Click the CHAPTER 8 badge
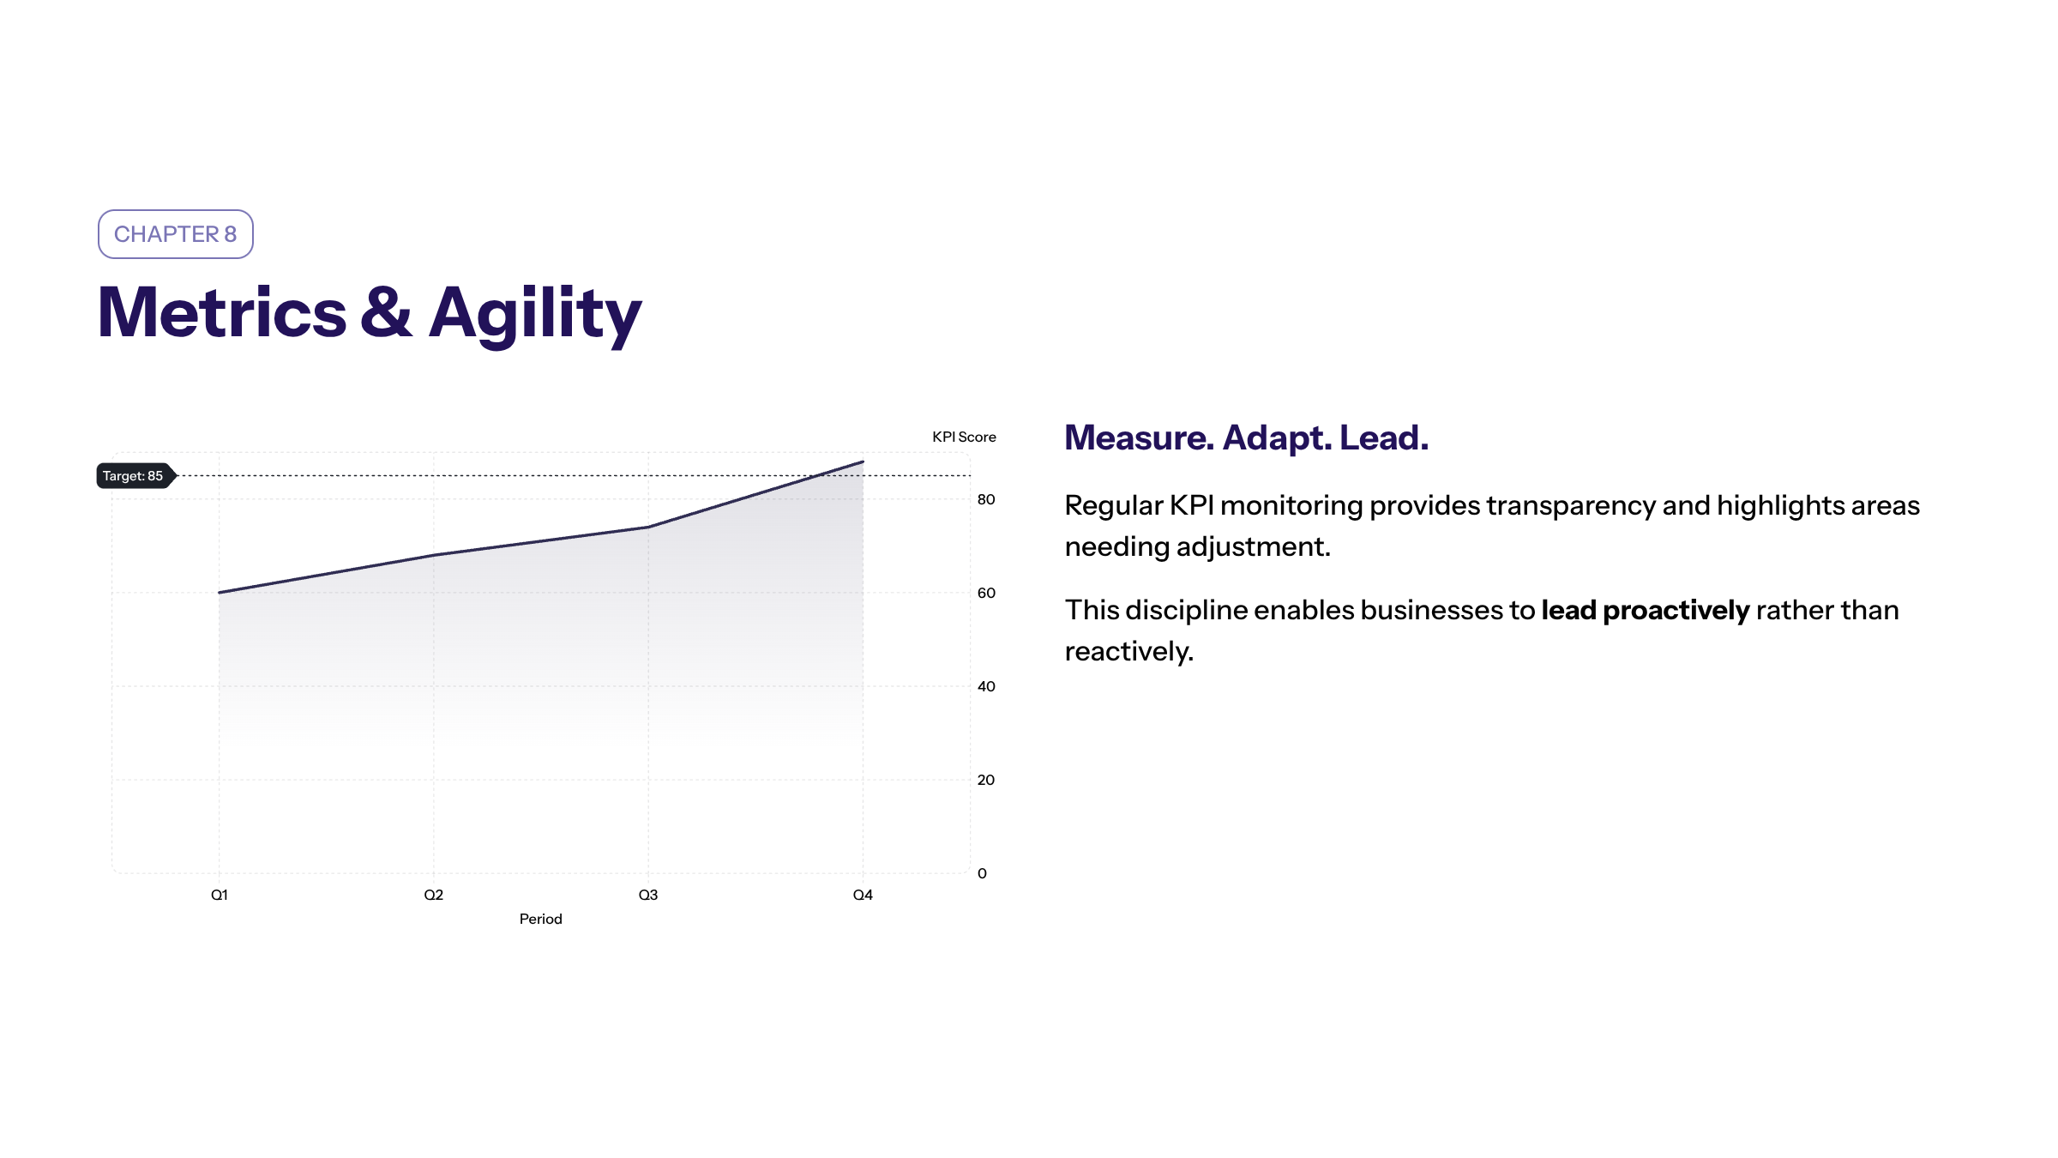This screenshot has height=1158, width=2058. pos(176,234)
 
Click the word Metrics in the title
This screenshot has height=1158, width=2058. pos(222,312)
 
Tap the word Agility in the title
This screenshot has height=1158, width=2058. pos(535,315)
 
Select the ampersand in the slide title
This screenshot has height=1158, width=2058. pos(386,312)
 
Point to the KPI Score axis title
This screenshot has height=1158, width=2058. pos(964,437)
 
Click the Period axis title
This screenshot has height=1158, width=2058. pos(541,919)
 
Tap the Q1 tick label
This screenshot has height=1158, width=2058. pos(220,895)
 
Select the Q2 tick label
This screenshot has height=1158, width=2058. pos(434,895)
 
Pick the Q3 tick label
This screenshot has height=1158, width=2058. pos(648,895)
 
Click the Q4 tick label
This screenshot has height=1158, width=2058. pos(863,895)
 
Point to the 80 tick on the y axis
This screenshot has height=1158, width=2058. pos(986,499)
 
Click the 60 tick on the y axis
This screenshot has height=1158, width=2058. pos(986,593)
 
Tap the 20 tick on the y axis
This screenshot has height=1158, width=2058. pos(986,780)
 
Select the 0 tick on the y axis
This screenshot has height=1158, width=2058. pos(982,873)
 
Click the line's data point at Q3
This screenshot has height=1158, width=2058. pos(648,527)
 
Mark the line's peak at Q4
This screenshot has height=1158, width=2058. pos(863,461)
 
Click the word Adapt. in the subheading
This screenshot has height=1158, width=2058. pos(1278,438)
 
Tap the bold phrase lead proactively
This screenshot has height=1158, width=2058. pos(1646,611)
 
